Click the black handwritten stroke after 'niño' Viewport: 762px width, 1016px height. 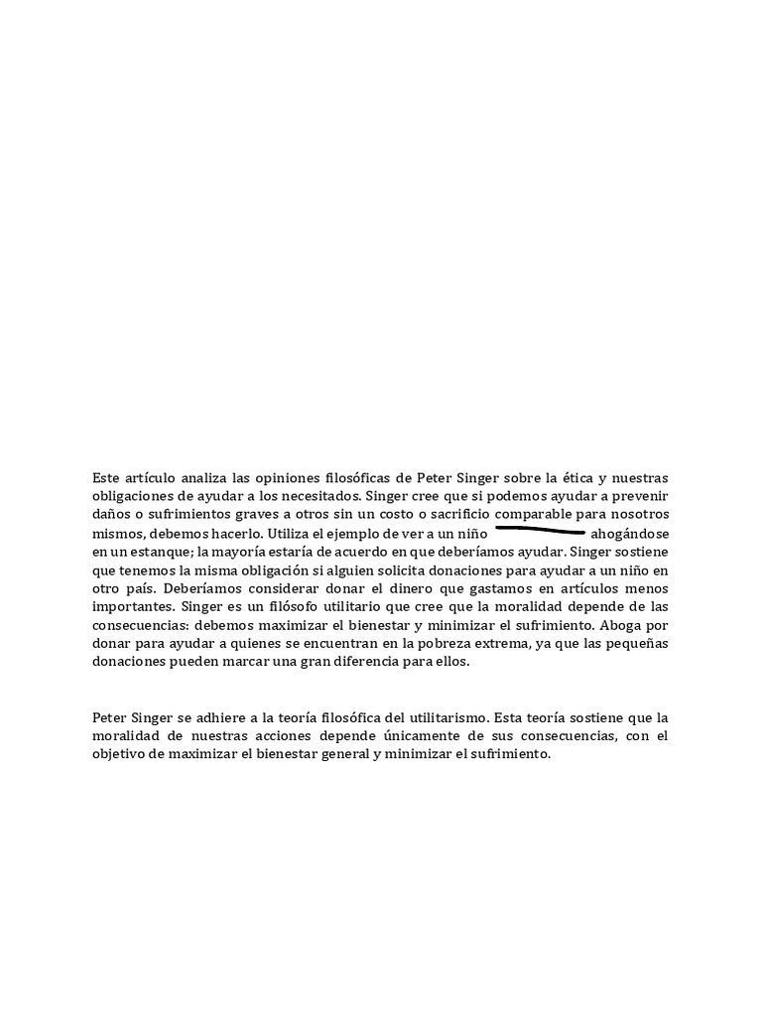[x=540, y=531]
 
